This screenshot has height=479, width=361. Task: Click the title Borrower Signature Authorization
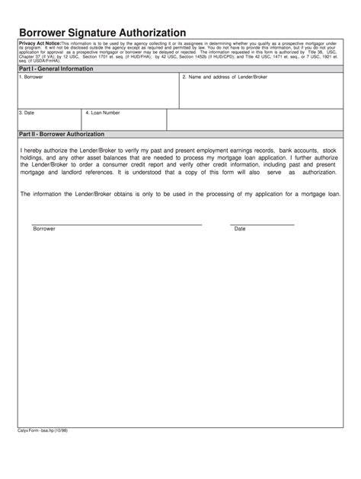102,33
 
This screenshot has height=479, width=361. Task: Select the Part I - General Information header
56,68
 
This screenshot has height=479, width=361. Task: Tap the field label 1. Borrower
31,77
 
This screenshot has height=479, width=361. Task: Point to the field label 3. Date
27,113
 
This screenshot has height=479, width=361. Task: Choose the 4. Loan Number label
103,113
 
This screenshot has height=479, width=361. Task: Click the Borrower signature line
117,224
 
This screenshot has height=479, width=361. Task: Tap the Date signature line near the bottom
262,224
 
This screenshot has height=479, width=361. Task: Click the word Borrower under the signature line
43,229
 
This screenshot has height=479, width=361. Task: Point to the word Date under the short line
240,229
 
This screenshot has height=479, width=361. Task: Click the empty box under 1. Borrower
97,94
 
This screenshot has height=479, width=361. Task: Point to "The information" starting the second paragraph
41,194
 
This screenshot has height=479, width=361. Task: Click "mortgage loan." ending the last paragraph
318,194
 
